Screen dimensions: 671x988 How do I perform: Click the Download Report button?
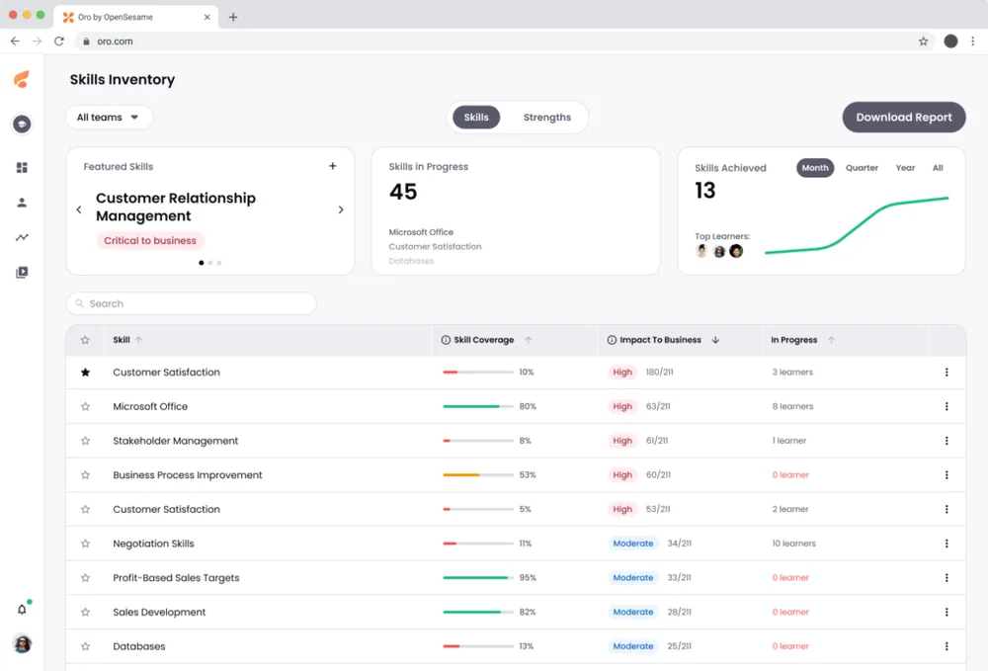[903, 117]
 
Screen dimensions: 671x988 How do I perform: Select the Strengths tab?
[546, 117]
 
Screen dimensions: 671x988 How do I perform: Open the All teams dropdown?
[109, 117]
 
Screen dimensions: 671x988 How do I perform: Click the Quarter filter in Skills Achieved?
[862, 168]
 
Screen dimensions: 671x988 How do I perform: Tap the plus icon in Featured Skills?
[333, 166]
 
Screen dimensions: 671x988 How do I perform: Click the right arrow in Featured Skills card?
[341, 210]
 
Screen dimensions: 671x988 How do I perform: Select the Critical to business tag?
[150, 240]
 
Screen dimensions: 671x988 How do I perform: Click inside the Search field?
[192, 303]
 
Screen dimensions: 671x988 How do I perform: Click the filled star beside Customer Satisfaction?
[85, 373]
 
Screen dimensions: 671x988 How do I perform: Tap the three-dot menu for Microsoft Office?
[946, 406]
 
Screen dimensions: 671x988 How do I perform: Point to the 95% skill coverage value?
[528, 578]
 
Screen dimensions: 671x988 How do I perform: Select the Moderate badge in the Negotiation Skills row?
[633, 544]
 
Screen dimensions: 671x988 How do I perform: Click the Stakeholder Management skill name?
[176, 441]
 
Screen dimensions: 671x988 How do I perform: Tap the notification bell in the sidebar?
[22, 609]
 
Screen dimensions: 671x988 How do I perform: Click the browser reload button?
[59, 42]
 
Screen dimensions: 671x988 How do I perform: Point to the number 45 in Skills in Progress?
[403, 192]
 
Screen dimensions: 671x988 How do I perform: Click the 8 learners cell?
[792, 406]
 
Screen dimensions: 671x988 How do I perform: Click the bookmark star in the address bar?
[923, 42]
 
